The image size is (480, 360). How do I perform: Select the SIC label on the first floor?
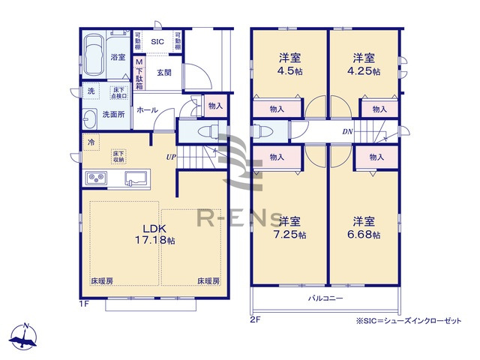157,42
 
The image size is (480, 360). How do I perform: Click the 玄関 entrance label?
166,72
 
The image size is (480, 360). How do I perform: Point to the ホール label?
147,109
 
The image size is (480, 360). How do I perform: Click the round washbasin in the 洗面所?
89,116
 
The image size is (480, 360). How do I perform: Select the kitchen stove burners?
98,178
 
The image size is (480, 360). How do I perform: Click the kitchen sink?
136,178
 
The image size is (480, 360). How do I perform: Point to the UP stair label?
172,157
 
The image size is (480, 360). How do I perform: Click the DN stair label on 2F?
347,132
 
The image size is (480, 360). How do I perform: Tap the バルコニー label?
326,298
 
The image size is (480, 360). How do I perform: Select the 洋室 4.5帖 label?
289,64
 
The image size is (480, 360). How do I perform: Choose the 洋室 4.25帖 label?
364,64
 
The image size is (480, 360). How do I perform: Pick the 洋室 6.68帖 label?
365,228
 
